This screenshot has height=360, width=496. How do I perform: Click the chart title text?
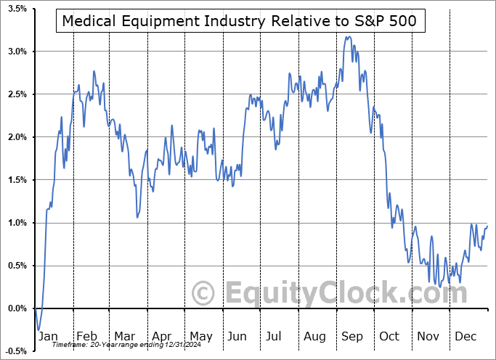pos(240,21)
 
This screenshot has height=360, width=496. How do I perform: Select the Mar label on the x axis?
pos(124,336)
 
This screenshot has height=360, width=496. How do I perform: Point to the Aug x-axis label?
pos(314,336)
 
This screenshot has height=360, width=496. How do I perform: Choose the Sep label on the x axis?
pos(353,336)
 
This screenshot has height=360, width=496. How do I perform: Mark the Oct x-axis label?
pos(390,336)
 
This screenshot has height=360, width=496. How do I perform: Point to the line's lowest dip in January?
pos(38,330)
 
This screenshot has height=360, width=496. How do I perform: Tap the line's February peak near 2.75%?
pos(94,71)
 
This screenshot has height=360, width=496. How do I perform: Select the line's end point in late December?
pos(487,226)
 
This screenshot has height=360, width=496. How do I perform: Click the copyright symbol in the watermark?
pos(204,293)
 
